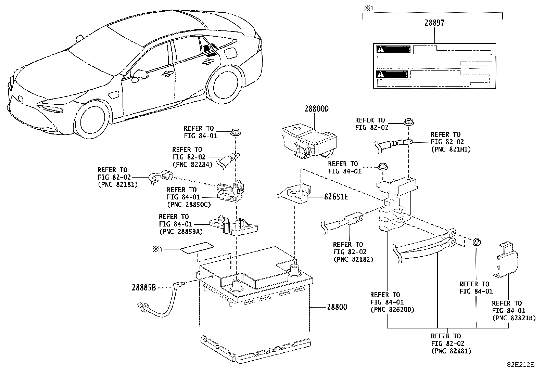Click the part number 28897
tap(434, 23)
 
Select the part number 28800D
tap(316, 109)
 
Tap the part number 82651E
tap(336, 197)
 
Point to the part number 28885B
tap(144, 288)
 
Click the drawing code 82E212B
tap(521, 365)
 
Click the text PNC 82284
tap(192, 164)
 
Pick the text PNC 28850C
tap(189, 205)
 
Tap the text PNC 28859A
tap(181, 232)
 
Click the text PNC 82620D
tap(392, 310)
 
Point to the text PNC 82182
tap(353, 259)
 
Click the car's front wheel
tap(92, 120)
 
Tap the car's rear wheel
tap(223, 85)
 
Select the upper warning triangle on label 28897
tap(380, 49)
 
